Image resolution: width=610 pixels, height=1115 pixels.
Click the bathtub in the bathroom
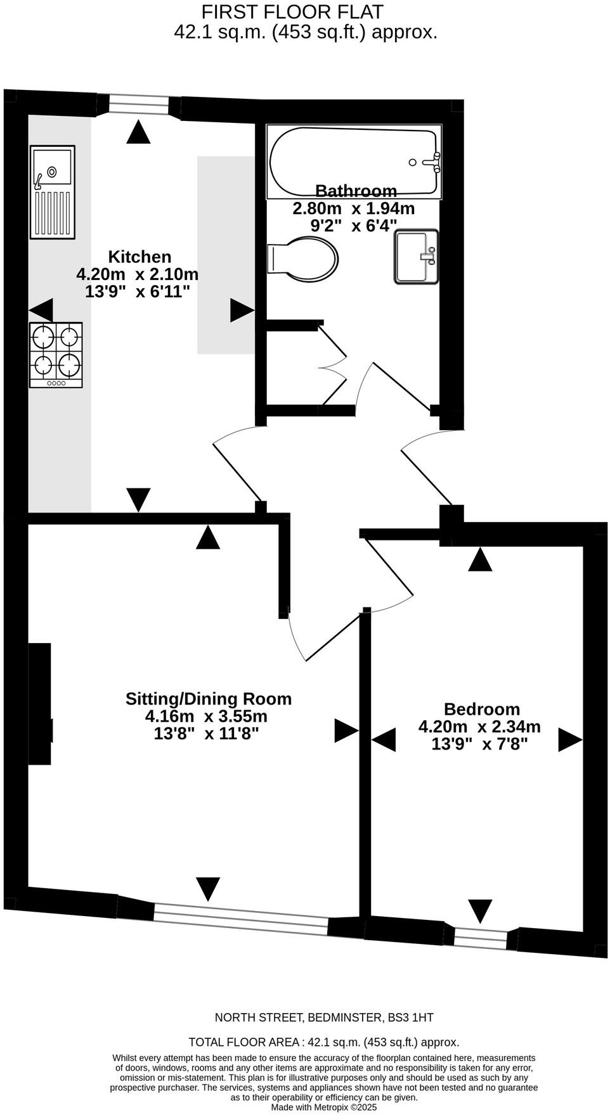354,162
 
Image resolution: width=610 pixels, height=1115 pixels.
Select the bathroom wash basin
417,257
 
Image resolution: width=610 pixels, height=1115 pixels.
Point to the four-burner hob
56,355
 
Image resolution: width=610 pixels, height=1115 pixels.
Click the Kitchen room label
140,257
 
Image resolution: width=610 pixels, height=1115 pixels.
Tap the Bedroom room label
481,709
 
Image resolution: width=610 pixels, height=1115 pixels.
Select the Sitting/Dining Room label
209,699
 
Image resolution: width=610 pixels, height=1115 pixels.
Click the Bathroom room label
356,190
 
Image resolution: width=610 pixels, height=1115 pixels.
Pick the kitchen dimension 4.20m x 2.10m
138,274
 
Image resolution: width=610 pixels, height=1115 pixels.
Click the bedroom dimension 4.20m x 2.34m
479,727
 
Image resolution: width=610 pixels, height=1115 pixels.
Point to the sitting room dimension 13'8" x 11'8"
207,734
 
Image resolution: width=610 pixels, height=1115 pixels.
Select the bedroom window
481,938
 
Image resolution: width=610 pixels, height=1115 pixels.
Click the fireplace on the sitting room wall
40,704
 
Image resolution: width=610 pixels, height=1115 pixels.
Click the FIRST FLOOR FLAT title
292,11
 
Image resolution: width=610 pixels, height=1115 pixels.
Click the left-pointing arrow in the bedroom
384,739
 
